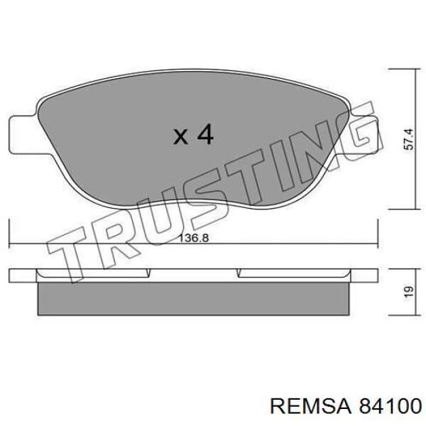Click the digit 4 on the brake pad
204,134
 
